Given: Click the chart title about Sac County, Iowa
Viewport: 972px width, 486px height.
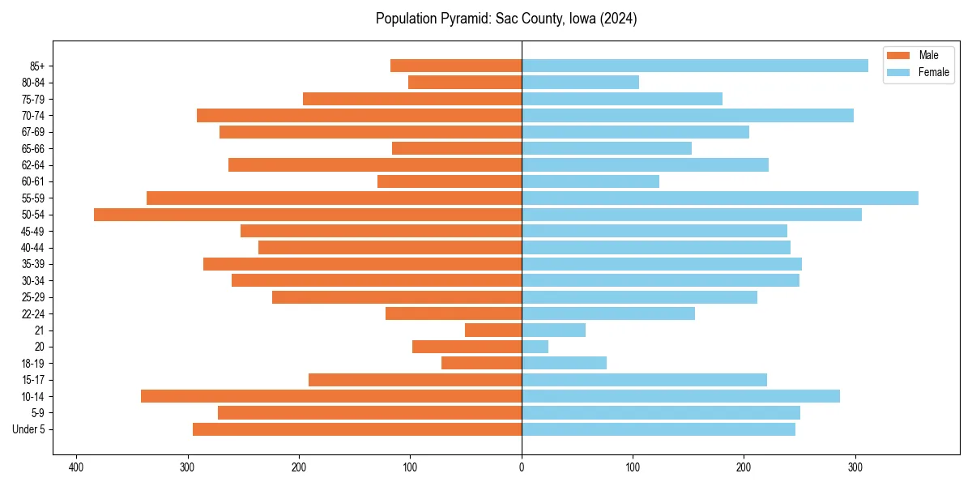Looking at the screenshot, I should pos(506,19).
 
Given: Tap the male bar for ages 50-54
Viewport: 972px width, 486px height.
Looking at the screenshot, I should pos(308,215).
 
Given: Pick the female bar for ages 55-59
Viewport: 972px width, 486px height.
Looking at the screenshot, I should pos(720,198).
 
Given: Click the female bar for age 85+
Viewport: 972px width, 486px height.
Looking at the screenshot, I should pos(695,66).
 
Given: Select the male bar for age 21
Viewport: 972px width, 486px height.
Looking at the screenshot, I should pos(493,330).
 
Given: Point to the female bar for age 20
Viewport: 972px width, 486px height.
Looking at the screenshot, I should pos(535,347).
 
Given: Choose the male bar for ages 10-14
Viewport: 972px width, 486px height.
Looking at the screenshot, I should pos(331,396).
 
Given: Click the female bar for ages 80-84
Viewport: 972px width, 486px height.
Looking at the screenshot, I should pos(580,82).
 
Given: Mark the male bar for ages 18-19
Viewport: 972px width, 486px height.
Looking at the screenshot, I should pos(481,363).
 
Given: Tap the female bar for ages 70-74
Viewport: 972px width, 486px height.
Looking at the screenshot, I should pos(688,115).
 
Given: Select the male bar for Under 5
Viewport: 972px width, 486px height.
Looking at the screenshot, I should pos(357,429).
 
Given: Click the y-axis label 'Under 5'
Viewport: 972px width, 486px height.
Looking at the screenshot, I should pos(28,429).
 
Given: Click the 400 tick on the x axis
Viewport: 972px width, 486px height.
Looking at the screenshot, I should pos(77,467).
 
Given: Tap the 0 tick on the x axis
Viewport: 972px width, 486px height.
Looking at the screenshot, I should pos(522,467).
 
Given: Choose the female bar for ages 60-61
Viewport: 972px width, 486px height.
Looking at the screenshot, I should pos(590,181).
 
